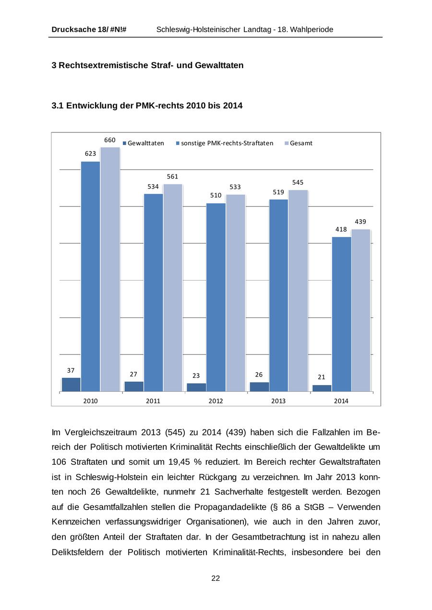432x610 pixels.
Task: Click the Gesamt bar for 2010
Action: click(x=110, y=269)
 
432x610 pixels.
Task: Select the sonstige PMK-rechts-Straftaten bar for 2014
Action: click(x=341, y=314)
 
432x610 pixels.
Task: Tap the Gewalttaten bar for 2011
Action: click(x=134, y=387)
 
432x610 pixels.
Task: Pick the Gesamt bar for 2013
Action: click(x=298, y=291)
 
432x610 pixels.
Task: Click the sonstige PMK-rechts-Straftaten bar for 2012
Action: click(x=216, y=297)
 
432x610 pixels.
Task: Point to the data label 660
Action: click(x=110, y=140)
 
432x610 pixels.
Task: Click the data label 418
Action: click(x=341, y=229)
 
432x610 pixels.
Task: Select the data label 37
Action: click(x=71, y=370)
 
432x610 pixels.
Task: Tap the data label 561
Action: click(x=172, y=176)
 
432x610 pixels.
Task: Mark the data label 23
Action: click(x=196, y=375)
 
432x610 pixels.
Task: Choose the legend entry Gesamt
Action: click(x=301, y=143)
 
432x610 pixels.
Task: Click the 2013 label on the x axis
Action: click(x=278, y=401)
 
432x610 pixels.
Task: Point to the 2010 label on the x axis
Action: click(x=90, y=401)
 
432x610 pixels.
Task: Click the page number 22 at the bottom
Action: click(x=216, y=578)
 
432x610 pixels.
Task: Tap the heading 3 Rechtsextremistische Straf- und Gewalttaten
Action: click(x=147, y=65)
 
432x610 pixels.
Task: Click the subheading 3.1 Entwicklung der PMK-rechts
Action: click(x=147, y=106)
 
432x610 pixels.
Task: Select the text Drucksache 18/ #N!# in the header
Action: click(x=89, y=30)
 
